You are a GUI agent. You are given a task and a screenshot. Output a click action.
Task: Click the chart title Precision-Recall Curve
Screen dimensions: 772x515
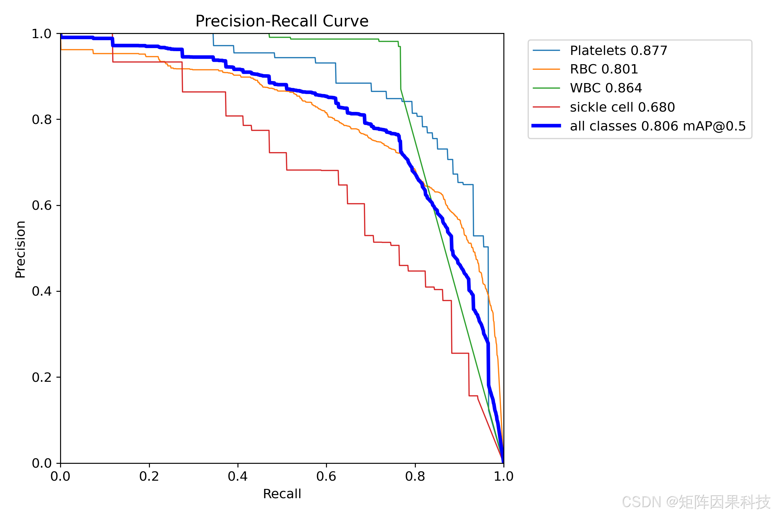click(282, 21)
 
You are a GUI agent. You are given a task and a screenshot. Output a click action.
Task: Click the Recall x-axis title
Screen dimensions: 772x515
click(282, 494)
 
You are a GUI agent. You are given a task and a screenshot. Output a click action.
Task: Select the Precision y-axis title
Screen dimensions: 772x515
click(21, 249)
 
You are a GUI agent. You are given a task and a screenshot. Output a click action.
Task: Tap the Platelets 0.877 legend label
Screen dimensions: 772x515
click(619, 50)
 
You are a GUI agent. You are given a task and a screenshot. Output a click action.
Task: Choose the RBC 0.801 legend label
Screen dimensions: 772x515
click(604, 69)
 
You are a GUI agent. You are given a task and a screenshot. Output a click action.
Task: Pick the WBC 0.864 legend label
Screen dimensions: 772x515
click(606, 88)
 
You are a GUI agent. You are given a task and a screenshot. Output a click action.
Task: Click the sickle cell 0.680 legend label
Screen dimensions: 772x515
click(622, 107)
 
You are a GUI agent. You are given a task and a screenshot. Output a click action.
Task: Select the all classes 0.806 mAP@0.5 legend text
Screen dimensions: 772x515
click(658, 126)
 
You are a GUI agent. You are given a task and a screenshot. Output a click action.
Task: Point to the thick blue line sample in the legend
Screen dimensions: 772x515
click(546, 126)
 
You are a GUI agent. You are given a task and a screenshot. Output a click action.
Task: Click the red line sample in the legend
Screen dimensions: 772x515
click(546, 107)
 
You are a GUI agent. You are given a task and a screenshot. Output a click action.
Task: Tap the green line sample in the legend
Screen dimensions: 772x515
click(546, 88)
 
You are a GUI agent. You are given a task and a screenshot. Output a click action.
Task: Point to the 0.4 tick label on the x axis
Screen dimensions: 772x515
click(238, 476)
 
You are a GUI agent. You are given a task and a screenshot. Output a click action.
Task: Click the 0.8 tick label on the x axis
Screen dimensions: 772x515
click(415, 476)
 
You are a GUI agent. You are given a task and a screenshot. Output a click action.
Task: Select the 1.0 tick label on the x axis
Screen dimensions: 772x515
click(504, 476)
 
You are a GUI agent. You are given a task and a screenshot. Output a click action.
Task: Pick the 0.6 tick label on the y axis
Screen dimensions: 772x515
click(42, 205)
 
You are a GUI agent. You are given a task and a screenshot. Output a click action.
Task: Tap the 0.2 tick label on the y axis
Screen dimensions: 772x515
click(42, 377)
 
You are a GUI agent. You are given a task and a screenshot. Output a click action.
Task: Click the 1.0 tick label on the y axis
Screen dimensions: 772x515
click(42, 34)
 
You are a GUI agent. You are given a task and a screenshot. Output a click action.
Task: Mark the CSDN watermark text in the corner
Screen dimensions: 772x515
click(696, 502)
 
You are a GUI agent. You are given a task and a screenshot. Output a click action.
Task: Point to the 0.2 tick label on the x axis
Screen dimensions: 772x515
click(149, 476)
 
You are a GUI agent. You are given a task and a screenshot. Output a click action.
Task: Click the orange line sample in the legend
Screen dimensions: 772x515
click(546, 69)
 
